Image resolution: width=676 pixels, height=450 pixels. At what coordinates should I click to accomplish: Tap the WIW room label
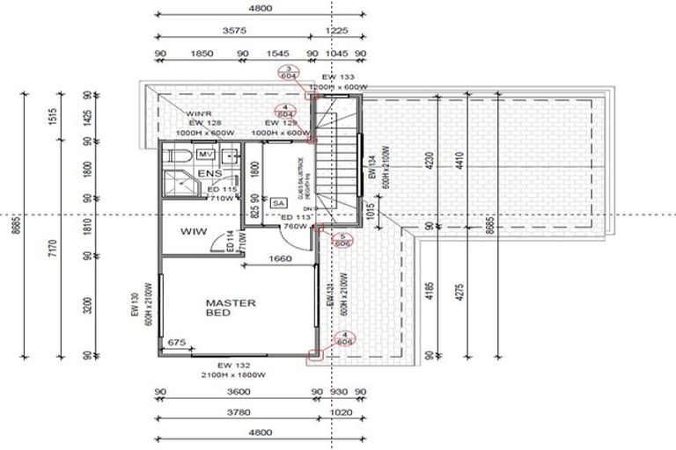[x=193, y=232]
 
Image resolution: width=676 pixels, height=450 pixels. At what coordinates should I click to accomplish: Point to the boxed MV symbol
[x=206, y=155]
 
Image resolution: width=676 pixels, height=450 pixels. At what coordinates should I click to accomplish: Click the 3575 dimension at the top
[x=233, y=31]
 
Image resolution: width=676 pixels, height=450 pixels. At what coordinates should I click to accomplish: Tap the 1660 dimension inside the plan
[x=281, y=258]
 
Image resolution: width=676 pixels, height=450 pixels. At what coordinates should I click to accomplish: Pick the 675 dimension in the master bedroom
[x=176, y=342]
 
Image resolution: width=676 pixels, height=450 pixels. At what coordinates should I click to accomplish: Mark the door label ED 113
[x=293, y=217]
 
